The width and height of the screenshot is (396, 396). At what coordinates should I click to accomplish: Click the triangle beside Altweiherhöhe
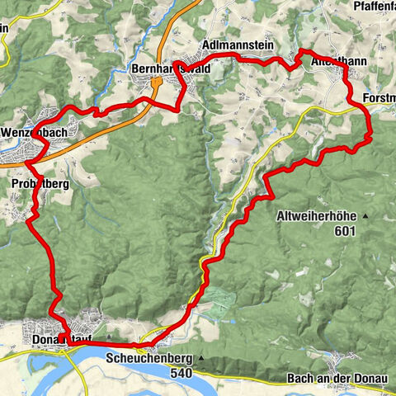coord(364,216)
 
